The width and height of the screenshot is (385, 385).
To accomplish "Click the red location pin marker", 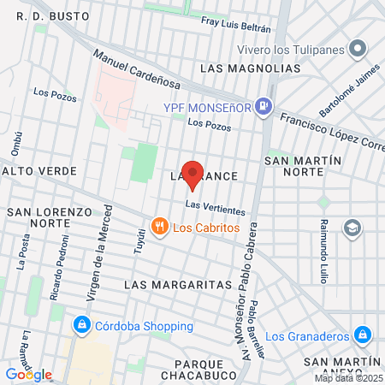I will (193, 174).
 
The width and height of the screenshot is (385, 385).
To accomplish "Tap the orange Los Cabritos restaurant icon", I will (159, 227).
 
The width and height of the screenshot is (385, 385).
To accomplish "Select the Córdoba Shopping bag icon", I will (82, 326).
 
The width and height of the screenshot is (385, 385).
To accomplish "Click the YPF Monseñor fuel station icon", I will (265, 106).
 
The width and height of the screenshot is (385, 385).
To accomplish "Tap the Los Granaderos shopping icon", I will (363, 334).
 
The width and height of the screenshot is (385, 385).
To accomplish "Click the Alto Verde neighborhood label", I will (39, 171).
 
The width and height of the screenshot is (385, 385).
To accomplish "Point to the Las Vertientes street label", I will (215, 207).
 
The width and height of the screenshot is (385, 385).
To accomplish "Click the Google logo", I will (28, 374).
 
